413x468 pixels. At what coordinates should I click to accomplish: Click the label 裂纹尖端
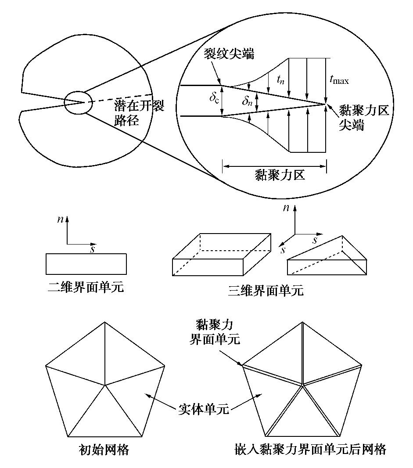[x=229, y=55]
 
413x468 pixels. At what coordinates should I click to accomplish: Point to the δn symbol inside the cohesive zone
[x=248, y=102]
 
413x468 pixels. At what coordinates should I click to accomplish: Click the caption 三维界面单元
[x=266, y=290]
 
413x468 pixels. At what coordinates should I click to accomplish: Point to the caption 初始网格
[x=104, y=450]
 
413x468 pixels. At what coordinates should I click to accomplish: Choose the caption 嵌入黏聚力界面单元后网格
[x=311, y=450]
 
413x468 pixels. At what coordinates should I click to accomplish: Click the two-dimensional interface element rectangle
[x=86, y=264]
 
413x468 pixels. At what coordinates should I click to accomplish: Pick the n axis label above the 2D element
[x=61, y=220]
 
